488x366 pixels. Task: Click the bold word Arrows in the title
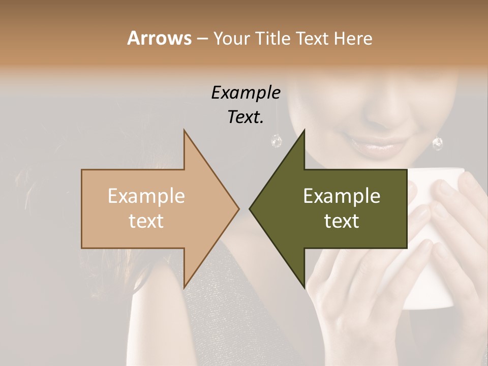pyautogui.click(x=159, y=38)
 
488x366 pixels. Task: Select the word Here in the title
pyautogui.click(x=353, y=38)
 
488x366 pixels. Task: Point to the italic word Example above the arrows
pyautogui.click(x=246, y=93)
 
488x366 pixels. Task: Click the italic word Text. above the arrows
pyautogui.click(x=246, y=117)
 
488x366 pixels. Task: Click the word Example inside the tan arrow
pyautogui.click(x=146, y=196)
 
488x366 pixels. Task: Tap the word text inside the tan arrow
pyautogui.click(x=146, y=221)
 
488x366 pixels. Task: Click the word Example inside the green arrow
pyautogui.click(x=342, y=196)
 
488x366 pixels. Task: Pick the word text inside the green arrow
pyautogui.click(x=342, y=221)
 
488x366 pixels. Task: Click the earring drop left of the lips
pyautogui.click(x=277, y=141)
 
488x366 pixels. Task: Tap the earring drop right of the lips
pyautogui.click(x=437, y=143)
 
